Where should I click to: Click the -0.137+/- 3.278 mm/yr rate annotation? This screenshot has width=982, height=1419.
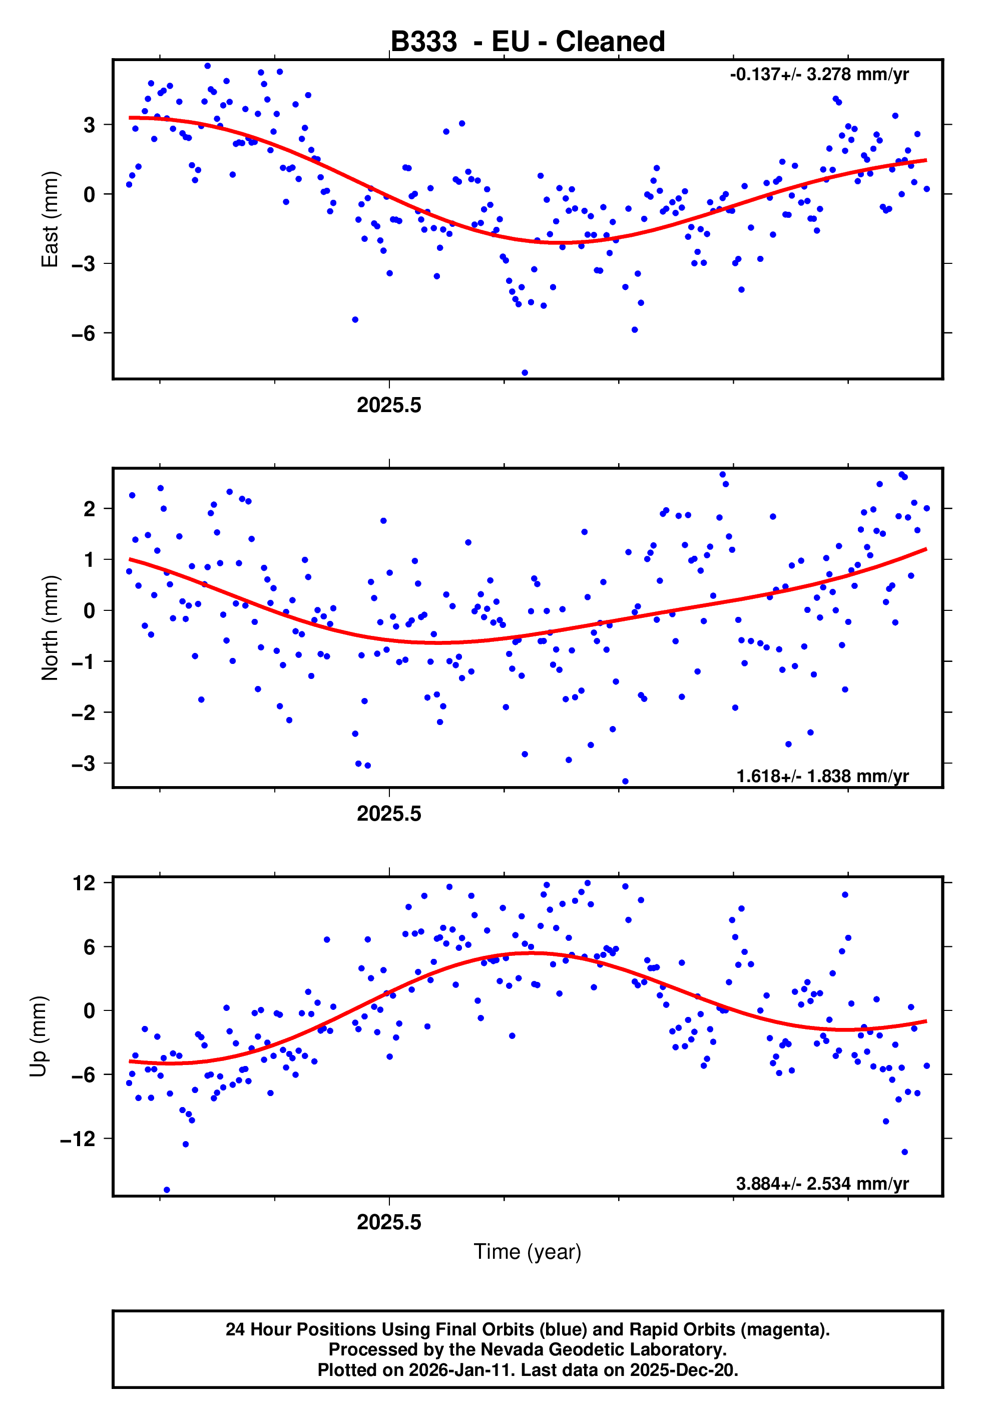coord(819,75)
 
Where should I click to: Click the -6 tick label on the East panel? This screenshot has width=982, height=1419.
coord(83,333)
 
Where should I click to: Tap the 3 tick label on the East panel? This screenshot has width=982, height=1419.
coord(90,125)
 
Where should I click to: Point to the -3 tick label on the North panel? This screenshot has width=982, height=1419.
coord(83,764)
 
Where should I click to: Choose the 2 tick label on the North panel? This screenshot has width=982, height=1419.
coord(90,509)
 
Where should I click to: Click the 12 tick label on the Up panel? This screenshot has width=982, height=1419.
coord(84,883)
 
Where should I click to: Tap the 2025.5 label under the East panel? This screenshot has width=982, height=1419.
coord(389,406)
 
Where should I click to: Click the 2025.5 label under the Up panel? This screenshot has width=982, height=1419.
coord(389,1222)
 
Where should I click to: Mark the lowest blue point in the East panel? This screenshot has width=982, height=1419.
coord(525,373)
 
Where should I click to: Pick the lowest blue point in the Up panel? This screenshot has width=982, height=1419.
coord(167,1190)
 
